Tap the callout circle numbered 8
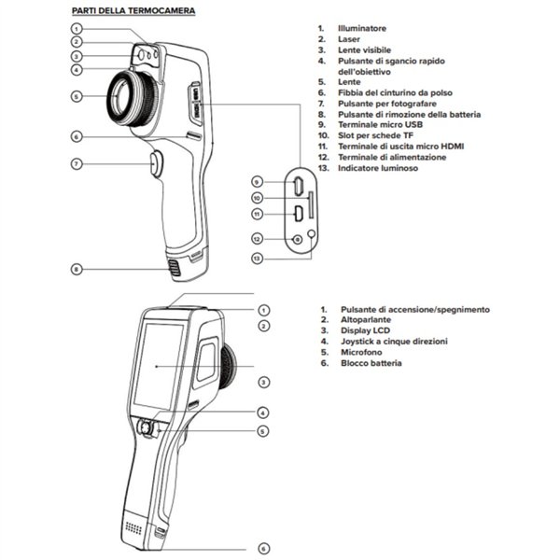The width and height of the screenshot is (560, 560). (77, 269)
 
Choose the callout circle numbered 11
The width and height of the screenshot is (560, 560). (257, 214)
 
